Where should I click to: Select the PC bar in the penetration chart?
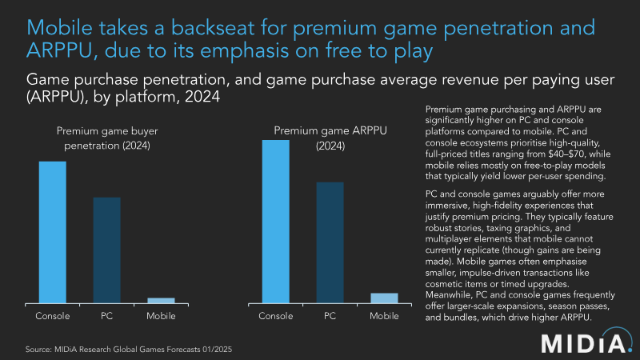[x=106, y=249]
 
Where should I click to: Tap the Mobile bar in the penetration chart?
[x=161, y=300]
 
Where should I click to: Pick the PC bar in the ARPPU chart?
[x=330, y=242]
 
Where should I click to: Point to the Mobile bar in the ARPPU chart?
[x=384, y=298]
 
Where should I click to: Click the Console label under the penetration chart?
[x=53, y=316]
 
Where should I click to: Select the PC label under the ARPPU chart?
[x=330, y=316]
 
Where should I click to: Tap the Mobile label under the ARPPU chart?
[x=384, y=316]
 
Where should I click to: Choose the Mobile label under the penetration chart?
[x=161, y=316]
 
